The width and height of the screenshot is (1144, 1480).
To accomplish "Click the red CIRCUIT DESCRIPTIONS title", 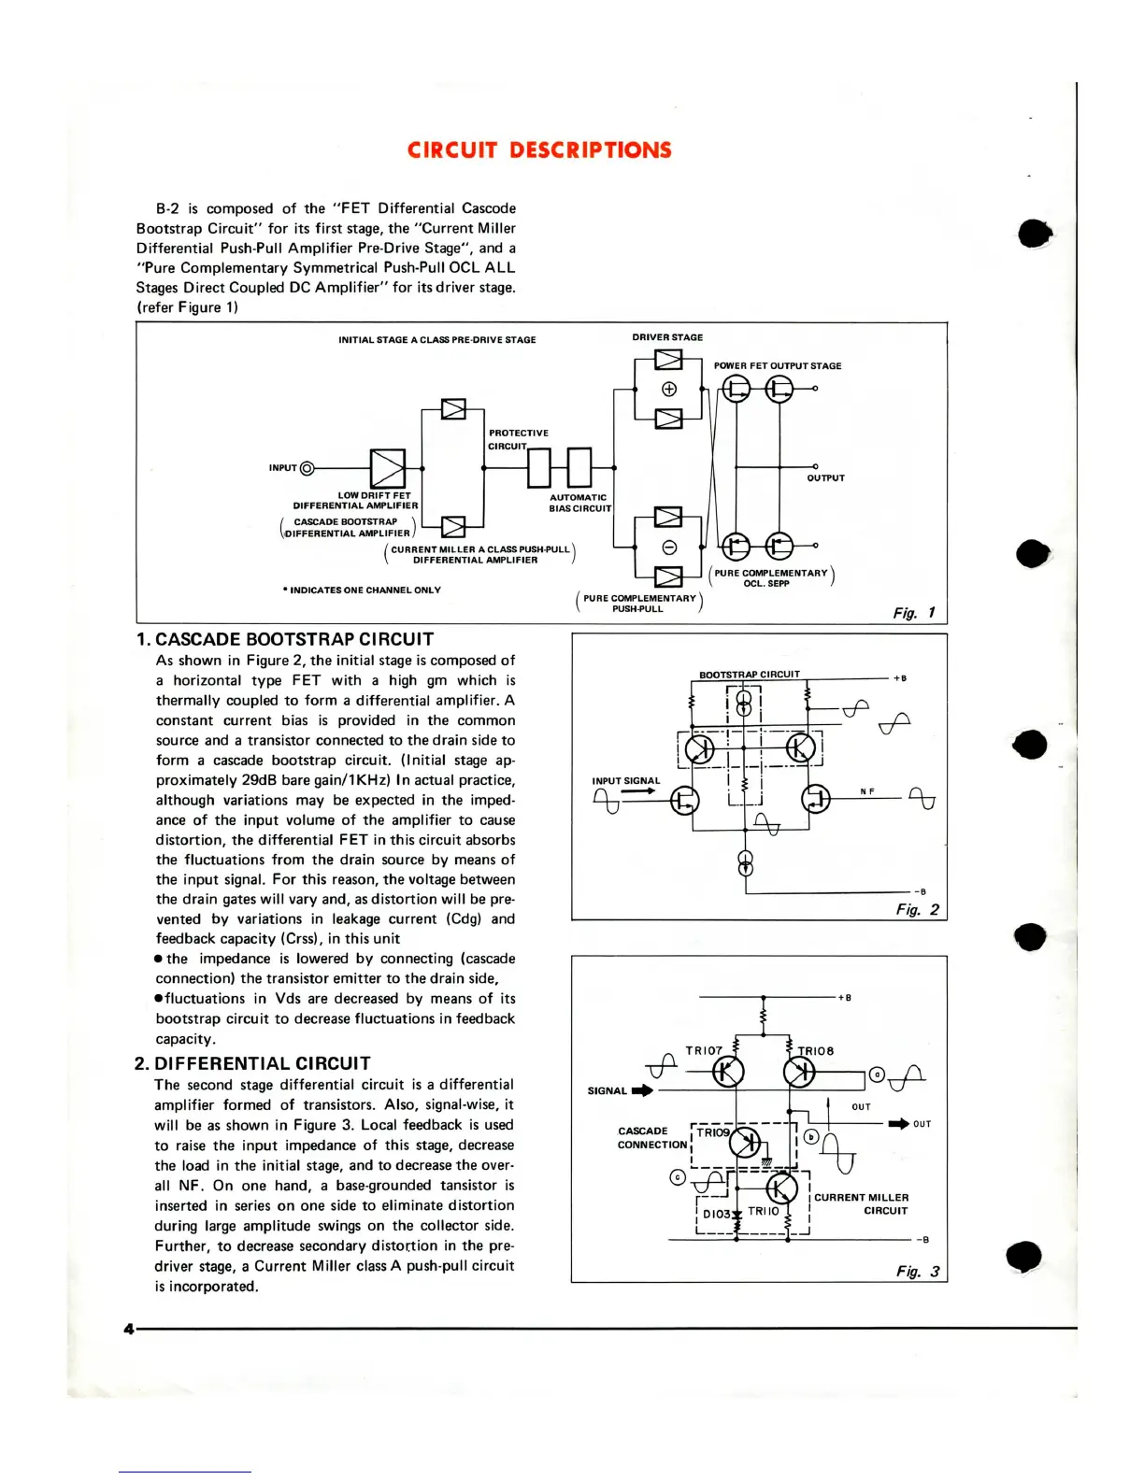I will [x=539, y=150].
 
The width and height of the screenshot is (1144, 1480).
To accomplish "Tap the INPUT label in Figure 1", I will [x=282, y=467].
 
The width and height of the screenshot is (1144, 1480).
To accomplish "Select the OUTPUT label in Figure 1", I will [x=825, y=478].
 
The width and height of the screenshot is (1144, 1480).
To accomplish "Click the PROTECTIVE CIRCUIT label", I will [x=518, y=439].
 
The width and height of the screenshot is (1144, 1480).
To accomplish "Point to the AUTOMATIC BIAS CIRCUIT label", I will [x=579, y=503].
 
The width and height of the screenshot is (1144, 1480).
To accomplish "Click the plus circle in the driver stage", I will [x=669, y=389].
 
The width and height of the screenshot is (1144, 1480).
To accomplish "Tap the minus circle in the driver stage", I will [x=669, y=547].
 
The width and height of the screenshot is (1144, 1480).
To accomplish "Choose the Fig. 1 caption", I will [x=914, y=613].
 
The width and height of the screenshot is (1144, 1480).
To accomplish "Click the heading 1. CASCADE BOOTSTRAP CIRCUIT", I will [x=285, y=640].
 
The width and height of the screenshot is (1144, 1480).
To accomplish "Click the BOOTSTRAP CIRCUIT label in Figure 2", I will [x=750, y=674].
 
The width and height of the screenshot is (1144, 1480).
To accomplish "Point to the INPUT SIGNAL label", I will [x=625, y=780].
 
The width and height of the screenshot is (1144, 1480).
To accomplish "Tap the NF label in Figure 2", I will [x=867, y=791].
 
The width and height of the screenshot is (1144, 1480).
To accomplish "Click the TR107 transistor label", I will [x=704, y=1050].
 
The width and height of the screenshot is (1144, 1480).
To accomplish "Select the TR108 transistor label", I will [x=815, y=1051].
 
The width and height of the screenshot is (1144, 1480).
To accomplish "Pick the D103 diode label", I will [x=716, y=1214].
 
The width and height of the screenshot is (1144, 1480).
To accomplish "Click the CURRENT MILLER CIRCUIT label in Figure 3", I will [x=861, y=1203].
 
